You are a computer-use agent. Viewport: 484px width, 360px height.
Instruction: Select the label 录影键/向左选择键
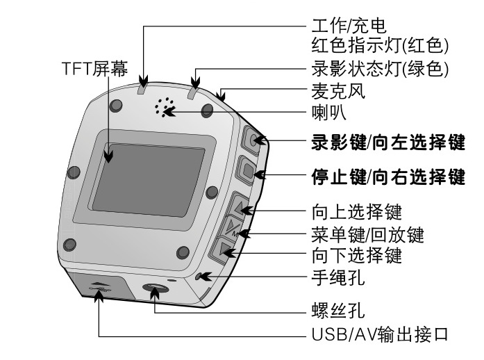pyautogui.click(x=385, y=144)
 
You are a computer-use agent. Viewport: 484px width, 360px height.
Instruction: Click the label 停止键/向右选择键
pyautogui.click(x=385, y=176)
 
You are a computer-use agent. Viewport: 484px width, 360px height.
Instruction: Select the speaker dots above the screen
pyautogui.click(x=165, y=108)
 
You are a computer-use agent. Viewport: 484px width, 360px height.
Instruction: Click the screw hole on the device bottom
pyautogui.click(x=152, y=289)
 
